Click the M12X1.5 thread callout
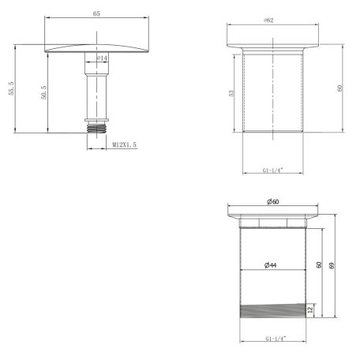point(125,145)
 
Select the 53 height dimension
point(231,92)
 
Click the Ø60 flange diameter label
point(272,204)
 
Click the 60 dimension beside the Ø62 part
point(339,88)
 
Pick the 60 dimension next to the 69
point(319,266)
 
